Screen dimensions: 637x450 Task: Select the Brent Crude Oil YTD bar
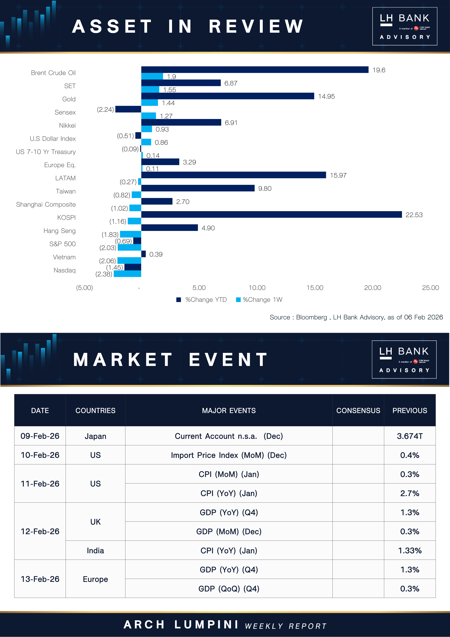click(x=255, y=70)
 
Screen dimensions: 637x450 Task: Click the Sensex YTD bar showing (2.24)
click(x=128, y=109)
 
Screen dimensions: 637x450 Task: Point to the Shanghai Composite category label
click(x=46, y=204)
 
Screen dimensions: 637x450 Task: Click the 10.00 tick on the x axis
click(x=257, y=288)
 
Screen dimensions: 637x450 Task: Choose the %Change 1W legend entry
click(x=259, y=300)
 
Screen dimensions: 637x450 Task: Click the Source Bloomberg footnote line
click(x=356, y=317)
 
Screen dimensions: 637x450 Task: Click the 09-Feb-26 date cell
click(x=40, y=436)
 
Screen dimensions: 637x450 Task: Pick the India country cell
click(x=95, y=550)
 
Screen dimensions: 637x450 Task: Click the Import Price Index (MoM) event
click(x=229, y=455)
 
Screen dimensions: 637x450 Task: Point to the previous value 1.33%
click(x=409, y=550)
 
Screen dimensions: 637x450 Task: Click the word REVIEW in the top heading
click(x=256, y=26)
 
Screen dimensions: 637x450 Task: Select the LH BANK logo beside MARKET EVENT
click(x=404, y=359)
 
